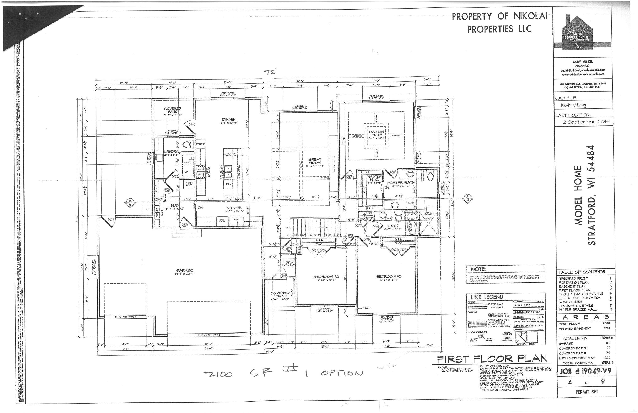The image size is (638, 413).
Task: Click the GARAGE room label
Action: click(x=185, y=270)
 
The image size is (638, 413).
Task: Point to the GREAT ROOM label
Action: click(x=315, y=161)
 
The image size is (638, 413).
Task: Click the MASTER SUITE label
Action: click(x=377, y=133)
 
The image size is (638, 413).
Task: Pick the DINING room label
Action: click(x=228, y=119)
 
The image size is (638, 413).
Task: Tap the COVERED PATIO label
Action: click(x=173, y=110)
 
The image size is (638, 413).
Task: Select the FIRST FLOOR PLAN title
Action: click(x=492, y=359)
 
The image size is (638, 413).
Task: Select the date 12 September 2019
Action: click(x=586, y=122)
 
